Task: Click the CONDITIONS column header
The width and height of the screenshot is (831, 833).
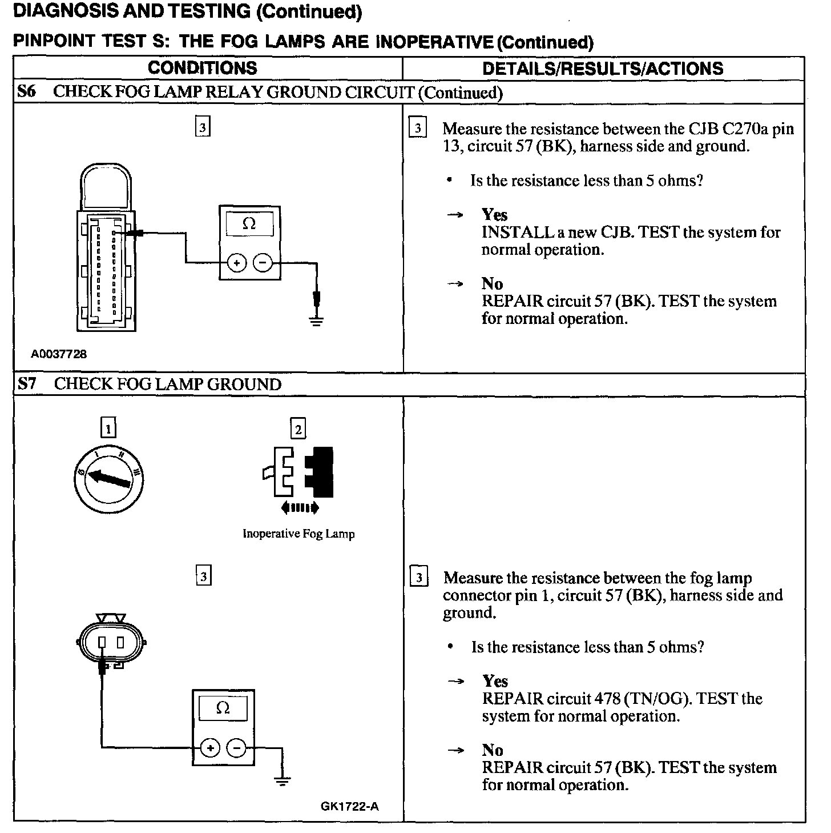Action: click(203, 68)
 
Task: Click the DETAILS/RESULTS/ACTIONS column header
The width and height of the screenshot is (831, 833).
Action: click(603, 69)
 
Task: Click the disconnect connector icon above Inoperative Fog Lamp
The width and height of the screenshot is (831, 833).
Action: click(298, 472)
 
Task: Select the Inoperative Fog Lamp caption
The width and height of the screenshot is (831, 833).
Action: click(298, 534)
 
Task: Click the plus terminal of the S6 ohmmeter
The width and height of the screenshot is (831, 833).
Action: click(237, 263)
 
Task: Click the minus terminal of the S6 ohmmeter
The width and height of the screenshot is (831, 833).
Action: click(263, 263)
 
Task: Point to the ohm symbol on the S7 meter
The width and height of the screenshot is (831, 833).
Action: click(223, 709)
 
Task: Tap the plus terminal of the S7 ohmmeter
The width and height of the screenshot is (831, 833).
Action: click(210, 748)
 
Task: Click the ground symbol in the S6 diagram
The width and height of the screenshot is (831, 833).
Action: click(317, 320)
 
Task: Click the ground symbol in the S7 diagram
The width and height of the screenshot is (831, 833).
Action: click(282, 780)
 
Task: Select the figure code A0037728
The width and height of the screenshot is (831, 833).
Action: click(59, 354)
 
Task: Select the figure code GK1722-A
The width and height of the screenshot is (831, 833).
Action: click(350, 807)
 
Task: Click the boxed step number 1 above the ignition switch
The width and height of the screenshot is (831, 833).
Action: click(108, 428)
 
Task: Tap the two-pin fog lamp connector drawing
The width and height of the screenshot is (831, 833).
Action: click(111, 642)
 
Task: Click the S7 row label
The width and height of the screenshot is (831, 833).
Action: click(27, 384)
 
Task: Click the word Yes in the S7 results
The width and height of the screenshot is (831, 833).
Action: click(495, 681)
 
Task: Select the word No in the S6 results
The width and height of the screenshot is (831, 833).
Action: click(492, 284)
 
